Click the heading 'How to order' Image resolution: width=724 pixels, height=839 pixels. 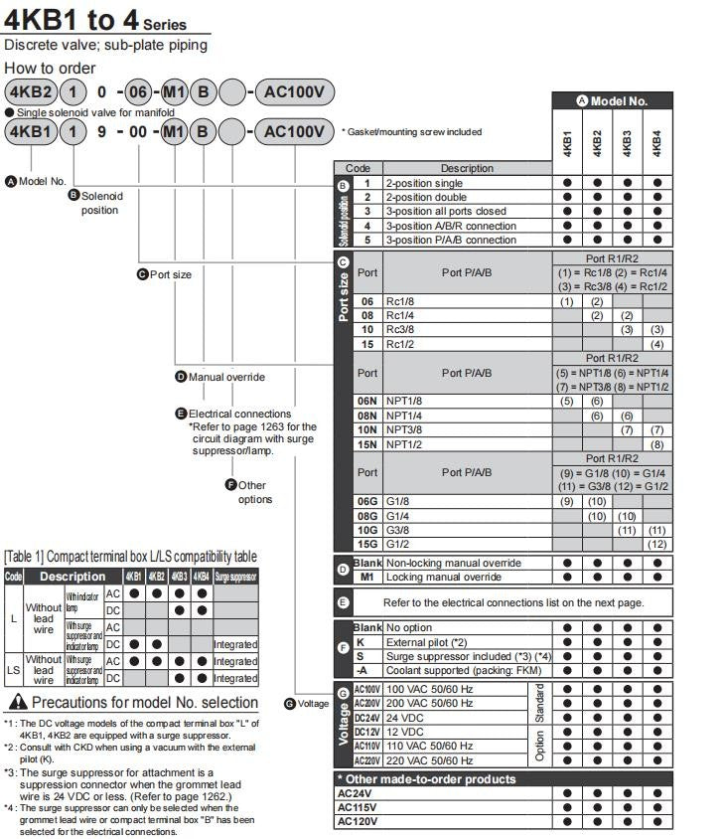coord(51,68)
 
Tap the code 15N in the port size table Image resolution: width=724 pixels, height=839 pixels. coord(367,444)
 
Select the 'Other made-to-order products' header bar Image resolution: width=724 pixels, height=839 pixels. coord(427,779)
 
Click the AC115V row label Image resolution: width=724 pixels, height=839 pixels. coord(358,807)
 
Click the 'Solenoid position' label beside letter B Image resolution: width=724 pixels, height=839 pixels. coord(100,203)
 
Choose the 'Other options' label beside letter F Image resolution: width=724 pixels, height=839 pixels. coord(254,492)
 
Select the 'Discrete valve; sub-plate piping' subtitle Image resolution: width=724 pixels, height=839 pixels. coord(106,45)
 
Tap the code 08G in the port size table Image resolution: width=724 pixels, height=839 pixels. coord(367,516)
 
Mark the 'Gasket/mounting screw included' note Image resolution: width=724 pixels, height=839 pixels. coord(411,131)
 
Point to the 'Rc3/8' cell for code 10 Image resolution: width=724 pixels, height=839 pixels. coord(402,329)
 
